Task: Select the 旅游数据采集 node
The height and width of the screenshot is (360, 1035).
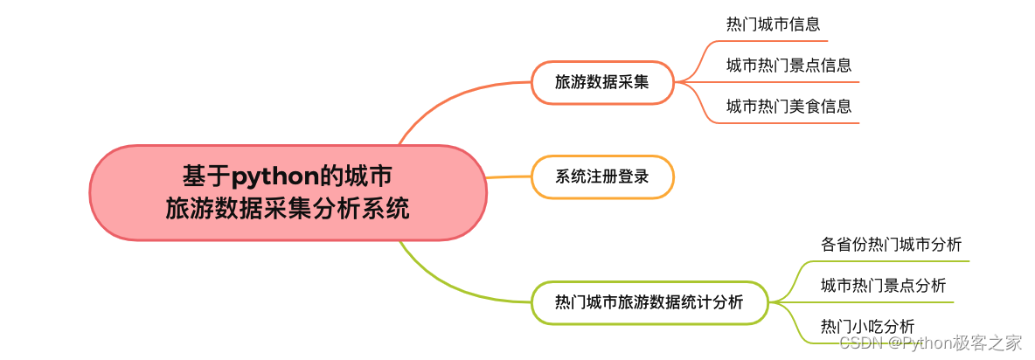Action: point(602,82)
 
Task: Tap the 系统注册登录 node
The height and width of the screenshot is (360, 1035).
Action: point(602,177)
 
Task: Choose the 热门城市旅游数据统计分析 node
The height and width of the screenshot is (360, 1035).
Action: point(649,302)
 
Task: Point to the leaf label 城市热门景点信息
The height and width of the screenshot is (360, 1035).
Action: point(788,65)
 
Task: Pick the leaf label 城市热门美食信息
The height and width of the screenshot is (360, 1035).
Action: point(788,106)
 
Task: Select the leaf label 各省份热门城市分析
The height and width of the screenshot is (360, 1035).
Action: point(891,245)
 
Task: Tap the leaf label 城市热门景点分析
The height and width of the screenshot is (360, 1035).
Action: point(883,285)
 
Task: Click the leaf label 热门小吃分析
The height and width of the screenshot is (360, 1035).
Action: point(867,326)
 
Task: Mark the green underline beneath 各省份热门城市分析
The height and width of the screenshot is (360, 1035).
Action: point(892,260)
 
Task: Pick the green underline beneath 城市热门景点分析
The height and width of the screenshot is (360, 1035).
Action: point(883,301)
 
